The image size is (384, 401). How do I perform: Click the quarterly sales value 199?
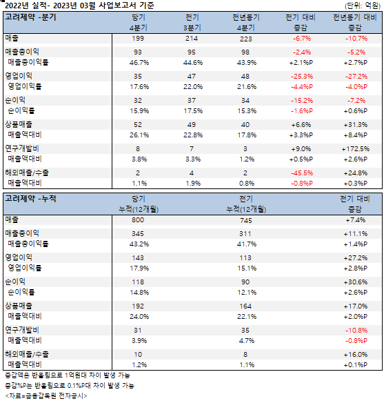point(138,39)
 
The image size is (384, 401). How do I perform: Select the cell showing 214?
point(192,39)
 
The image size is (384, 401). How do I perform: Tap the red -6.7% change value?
point(302,39)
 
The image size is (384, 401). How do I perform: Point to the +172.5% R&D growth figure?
point(355,149)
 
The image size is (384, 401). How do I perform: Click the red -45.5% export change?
point(302,173)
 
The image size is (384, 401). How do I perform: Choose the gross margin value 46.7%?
point(139,63)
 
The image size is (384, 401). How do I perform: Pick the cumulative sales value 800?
point(138,220)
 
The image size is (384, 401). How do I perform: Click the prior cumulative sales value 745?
point(246,220)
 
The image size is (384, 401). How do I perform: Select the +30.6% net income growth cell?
point(355,282)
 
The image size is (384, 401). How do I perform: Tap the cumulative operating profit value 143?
point(138,258)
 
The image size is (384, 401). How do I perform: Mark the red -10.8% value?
point(356,331)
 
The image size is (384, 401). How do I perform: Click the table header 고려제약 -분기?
point(30,17)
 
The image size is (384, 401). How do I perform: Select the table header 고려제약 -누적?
point(30,199)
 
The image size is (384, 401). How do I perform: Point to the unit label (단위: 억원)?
point(363,6)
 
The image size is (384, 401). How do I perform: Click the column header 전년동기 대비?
point(355,17)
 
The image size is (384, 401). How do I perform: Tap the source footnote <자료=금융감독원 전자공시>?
point(46,396)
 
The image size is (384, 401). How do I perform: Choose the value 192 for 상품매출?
point(138,306)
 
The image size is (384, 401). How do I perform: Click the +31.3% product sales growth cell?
point(355,125)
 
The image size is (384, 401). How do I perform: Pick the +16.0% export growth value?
point(355,355)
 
